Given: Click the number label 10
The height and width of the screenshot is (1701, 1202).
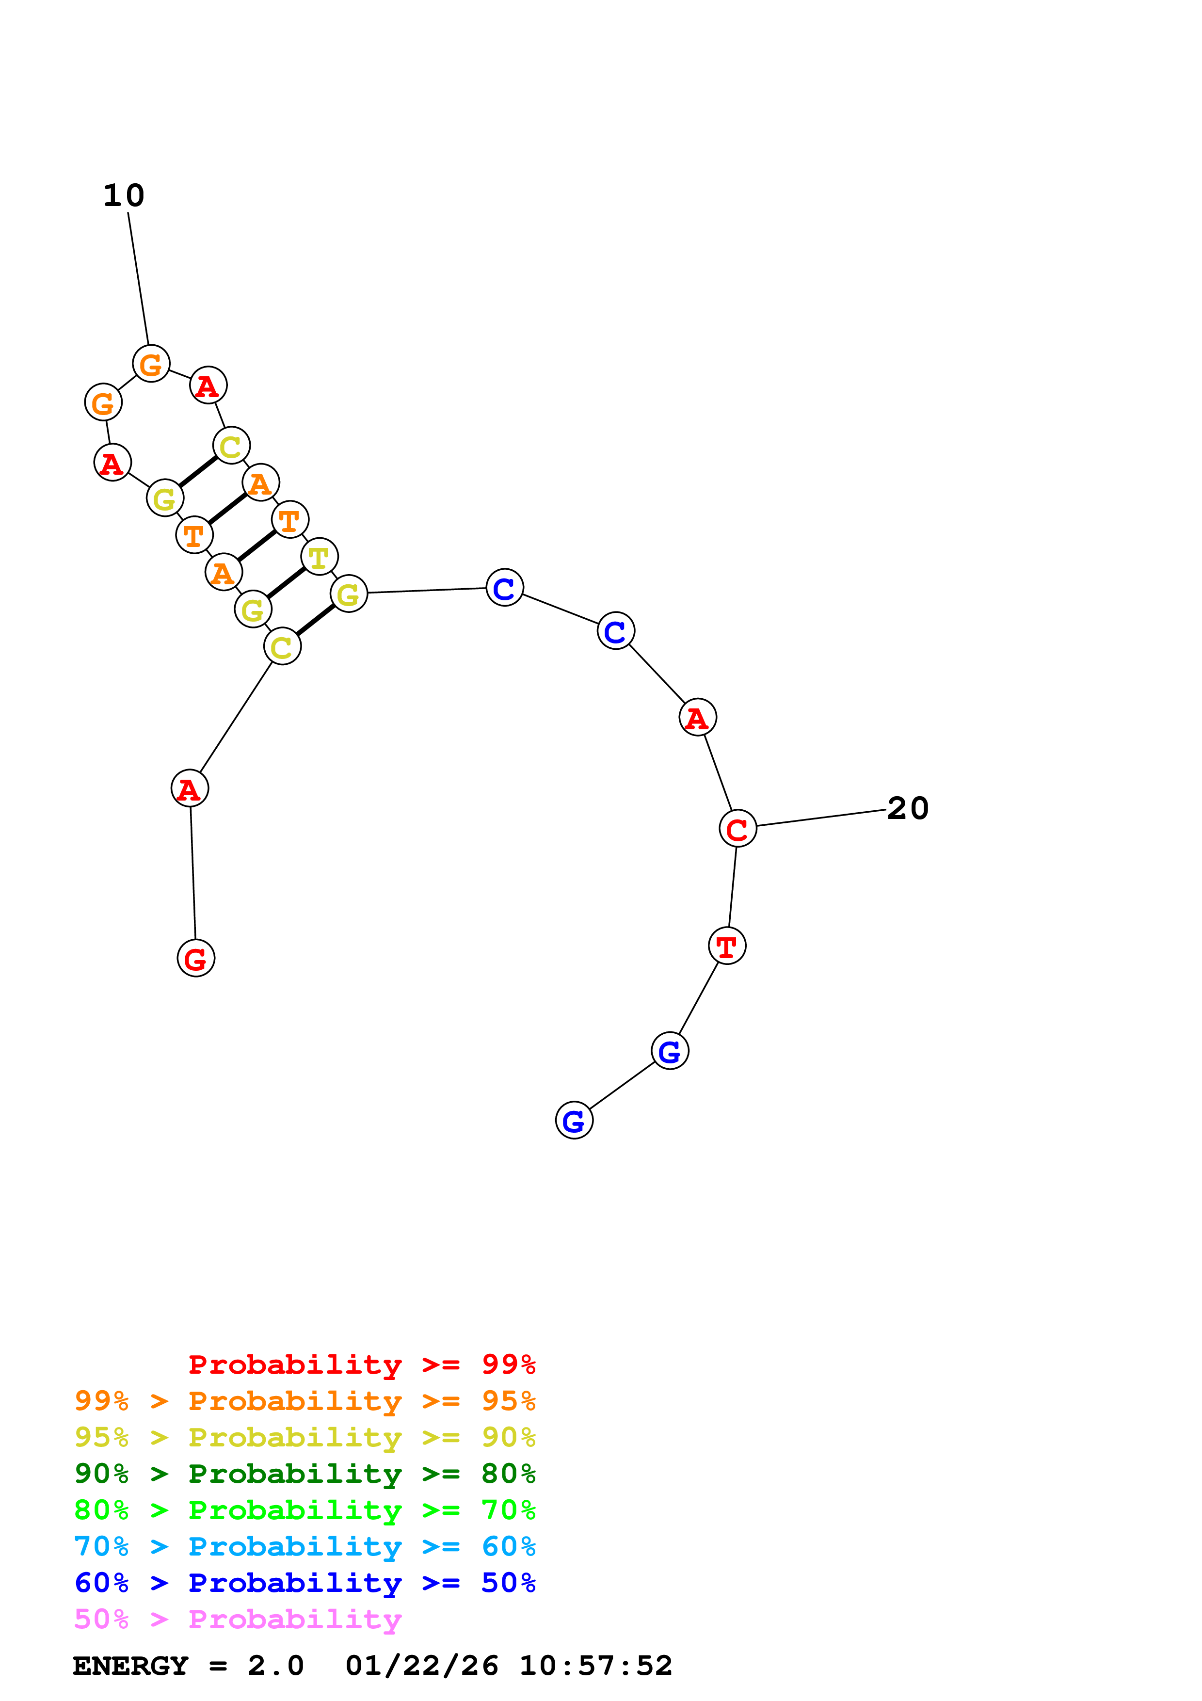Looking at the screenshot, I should [x=124, y=195].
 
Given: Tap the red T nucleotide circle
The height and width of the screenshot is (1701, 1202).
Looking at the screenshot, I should [x=726, y=946].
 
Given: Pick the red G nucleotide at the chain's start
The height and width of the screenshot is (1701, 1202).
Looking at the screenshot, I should [x=195, y=958].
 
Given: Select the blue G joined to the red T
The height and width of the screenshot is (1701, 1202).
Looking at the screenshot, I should [x=670, y=1051].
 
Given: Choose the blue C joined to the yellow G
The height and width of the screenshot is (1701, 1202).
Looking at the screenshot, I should [x=504, y=588].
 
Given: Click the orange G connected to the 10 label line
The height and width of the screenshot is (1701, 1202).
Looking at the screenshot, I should [x=151, y=364].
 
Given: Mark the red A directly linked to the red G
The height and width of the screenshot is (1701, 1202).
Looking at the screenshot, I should [x=190, y=788].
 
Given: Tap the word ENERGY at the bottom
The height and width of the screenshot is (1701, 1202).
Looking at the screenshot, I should [x=130, y=1666].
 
